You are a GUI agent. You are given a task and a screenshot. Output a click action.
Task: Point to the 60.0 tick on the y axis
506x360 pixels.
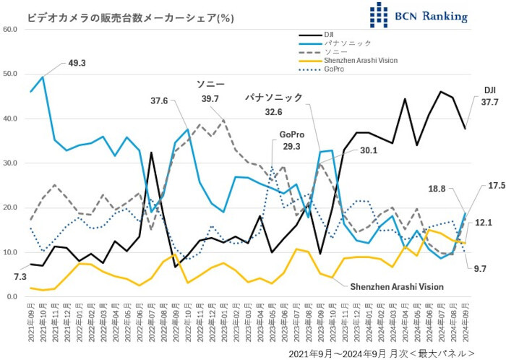(x=10, y=29)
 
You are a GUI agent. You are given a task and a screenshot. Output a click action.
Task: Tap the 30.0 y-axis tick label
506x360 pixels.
(x=10, y=163)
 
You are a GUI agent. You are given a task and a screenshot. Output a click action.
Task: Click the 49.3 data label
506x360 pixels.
(x=77, y=63)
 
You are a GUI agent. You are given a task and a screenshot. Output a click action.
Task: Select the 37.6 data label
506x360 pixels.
(x=160, y=100)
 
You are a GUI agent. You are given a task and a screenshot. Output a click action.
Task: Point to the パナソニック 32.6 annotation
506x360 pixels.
(x=273, y=104)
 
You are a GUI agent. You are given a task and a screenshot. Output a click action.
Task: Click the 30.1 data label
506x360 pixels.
(x=370, y=150)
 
